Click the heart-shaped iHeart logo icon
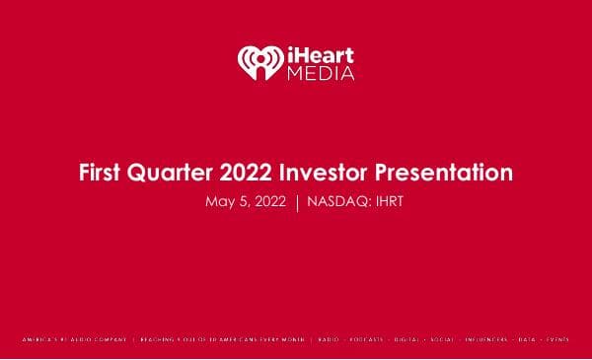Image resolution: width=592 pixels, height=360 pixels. point(259,62)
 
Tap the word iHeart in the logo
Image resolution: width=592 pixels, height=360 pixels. point(318,53)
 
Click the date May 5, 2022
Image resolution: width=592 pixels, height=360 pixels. point(246,202)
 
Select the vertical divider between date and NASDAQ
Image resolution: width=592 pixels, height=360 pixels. point(297,202)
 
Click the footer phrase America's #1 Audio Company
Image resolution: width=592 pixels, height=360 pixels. point(76,339)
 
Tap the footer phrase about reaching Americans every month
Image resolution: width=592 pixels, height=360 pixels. point(221,339)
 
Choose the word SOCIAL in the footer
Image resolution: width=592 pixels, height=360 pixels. point(449,339)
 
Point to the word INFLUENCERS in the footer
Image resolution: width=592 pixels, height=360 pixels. point(492,339)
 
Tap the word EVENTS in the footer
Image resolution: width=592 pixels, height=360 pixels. point(558,339)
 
